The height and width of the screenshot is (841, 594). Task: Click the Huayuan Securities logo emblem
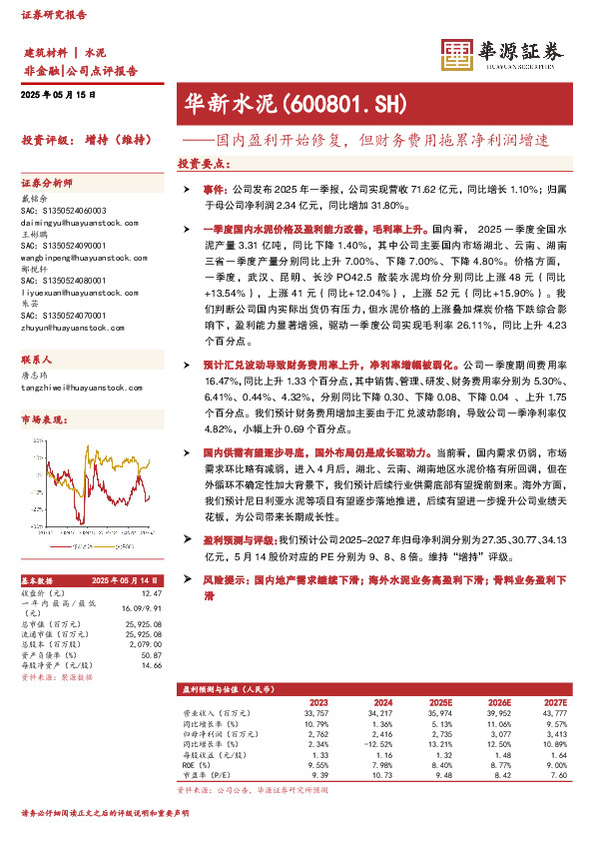[x=457, y=54]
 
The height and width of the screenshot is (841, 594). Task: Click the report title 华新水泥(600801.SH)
[x=293, y=103]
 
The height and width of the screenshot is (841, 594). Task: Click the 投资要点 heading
[x=200, y=162]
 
